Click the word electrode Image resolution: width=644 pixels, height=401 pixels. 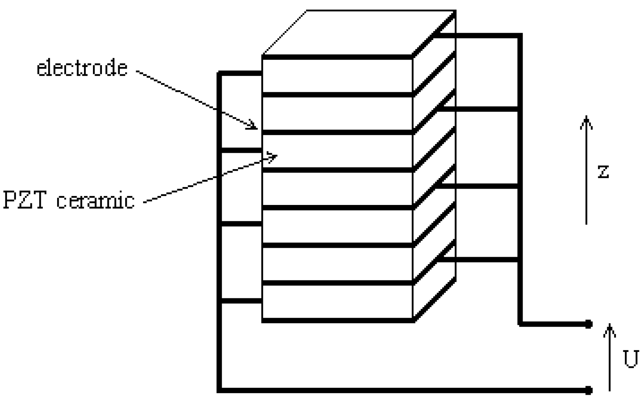pyautogui.click(x=82, y=68)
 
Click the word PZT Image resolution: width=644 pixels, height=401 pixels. pyautogui.click(x=25, y=201)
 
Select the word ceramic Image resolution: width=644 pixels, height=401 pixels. pyautogui.click(x=96, y=201)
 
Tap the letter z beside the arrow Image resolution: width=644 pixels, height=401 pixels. pyautogui.click(x=603, y=171)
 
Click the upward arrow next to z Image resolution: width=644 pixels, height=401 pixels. pyautogui.click(x=586, y=171)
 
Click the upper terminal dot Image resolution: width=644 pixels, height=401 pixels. pyautogui.click(x=589, y=324)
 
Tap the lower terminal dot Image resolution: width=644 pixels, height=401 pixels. pyautogui.click(x=589, y=389)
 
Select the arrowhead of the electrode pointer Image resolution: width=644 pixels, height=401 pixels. pyautogui.click(x=253, y=126)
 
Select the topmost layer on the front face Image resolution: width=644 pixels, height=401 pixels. pyautogui.click(x=337, y=76)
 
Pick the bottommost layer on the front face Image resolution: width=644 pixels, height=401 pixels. pyautogui.click(x=337, y=302)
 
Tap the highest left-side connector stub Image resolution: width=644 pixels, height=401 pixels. pyautogui.click(x=241, y=73)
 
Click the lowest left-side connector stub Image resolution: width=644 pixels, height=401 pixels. pyautogui.click(x=241, y=301)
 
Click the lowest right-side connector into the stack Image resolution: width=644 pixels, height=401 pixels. pyautogui.click(x=478, y=259)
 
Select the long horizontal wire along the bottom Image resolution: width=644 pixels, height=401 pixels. pyautogui.click(x=389, y=389)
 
